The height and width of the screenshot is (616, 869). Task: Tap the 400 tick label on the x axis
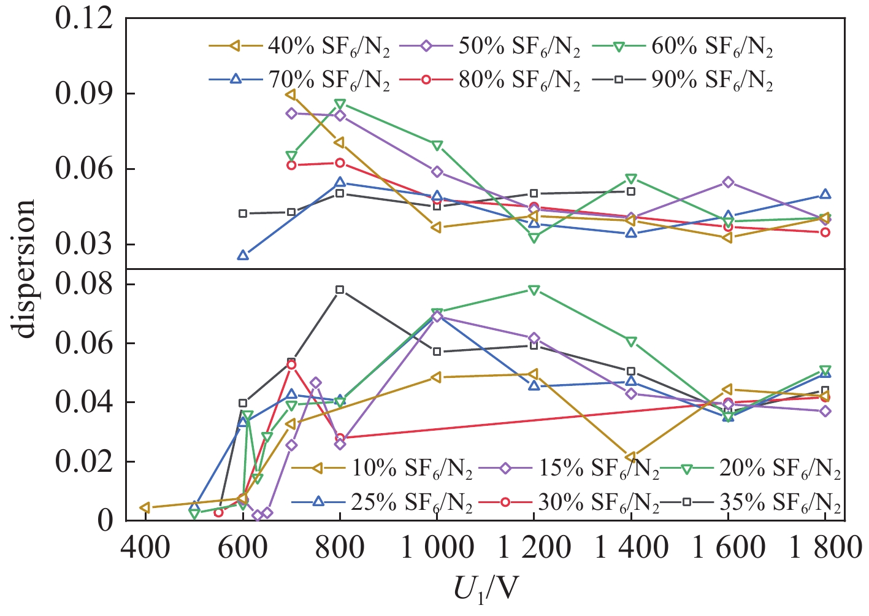click(x=146, y=545)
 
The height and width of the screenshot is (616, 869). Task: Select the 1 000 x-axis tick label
click(x=437, y=545)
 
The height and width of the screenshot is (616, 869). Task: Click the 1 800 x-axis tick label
click(x=824, y=545)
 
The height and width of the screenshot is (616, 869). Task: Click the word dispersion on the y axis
click(x=26, y=269)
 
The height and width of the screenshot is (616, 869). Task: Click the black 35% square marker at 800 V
click(x=340, y=290)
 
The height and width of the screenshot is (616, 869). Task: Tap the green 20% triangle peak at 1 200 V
click(x=534, y=290)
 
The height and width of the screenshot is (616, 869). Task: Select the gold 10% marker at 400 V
click(x=145, y=507)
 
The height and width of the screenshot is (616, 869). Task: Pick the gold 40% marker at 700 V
click(x=291, y=94)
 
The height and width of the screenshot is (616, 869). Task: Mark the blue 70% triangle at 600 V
click(x=243, y=255)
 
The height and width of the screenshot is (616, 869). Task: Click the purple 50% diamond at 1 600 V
click(x=728, y=182)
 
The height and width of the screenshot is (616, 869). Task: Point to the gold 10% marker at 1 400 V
click(x=630, y=457)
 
